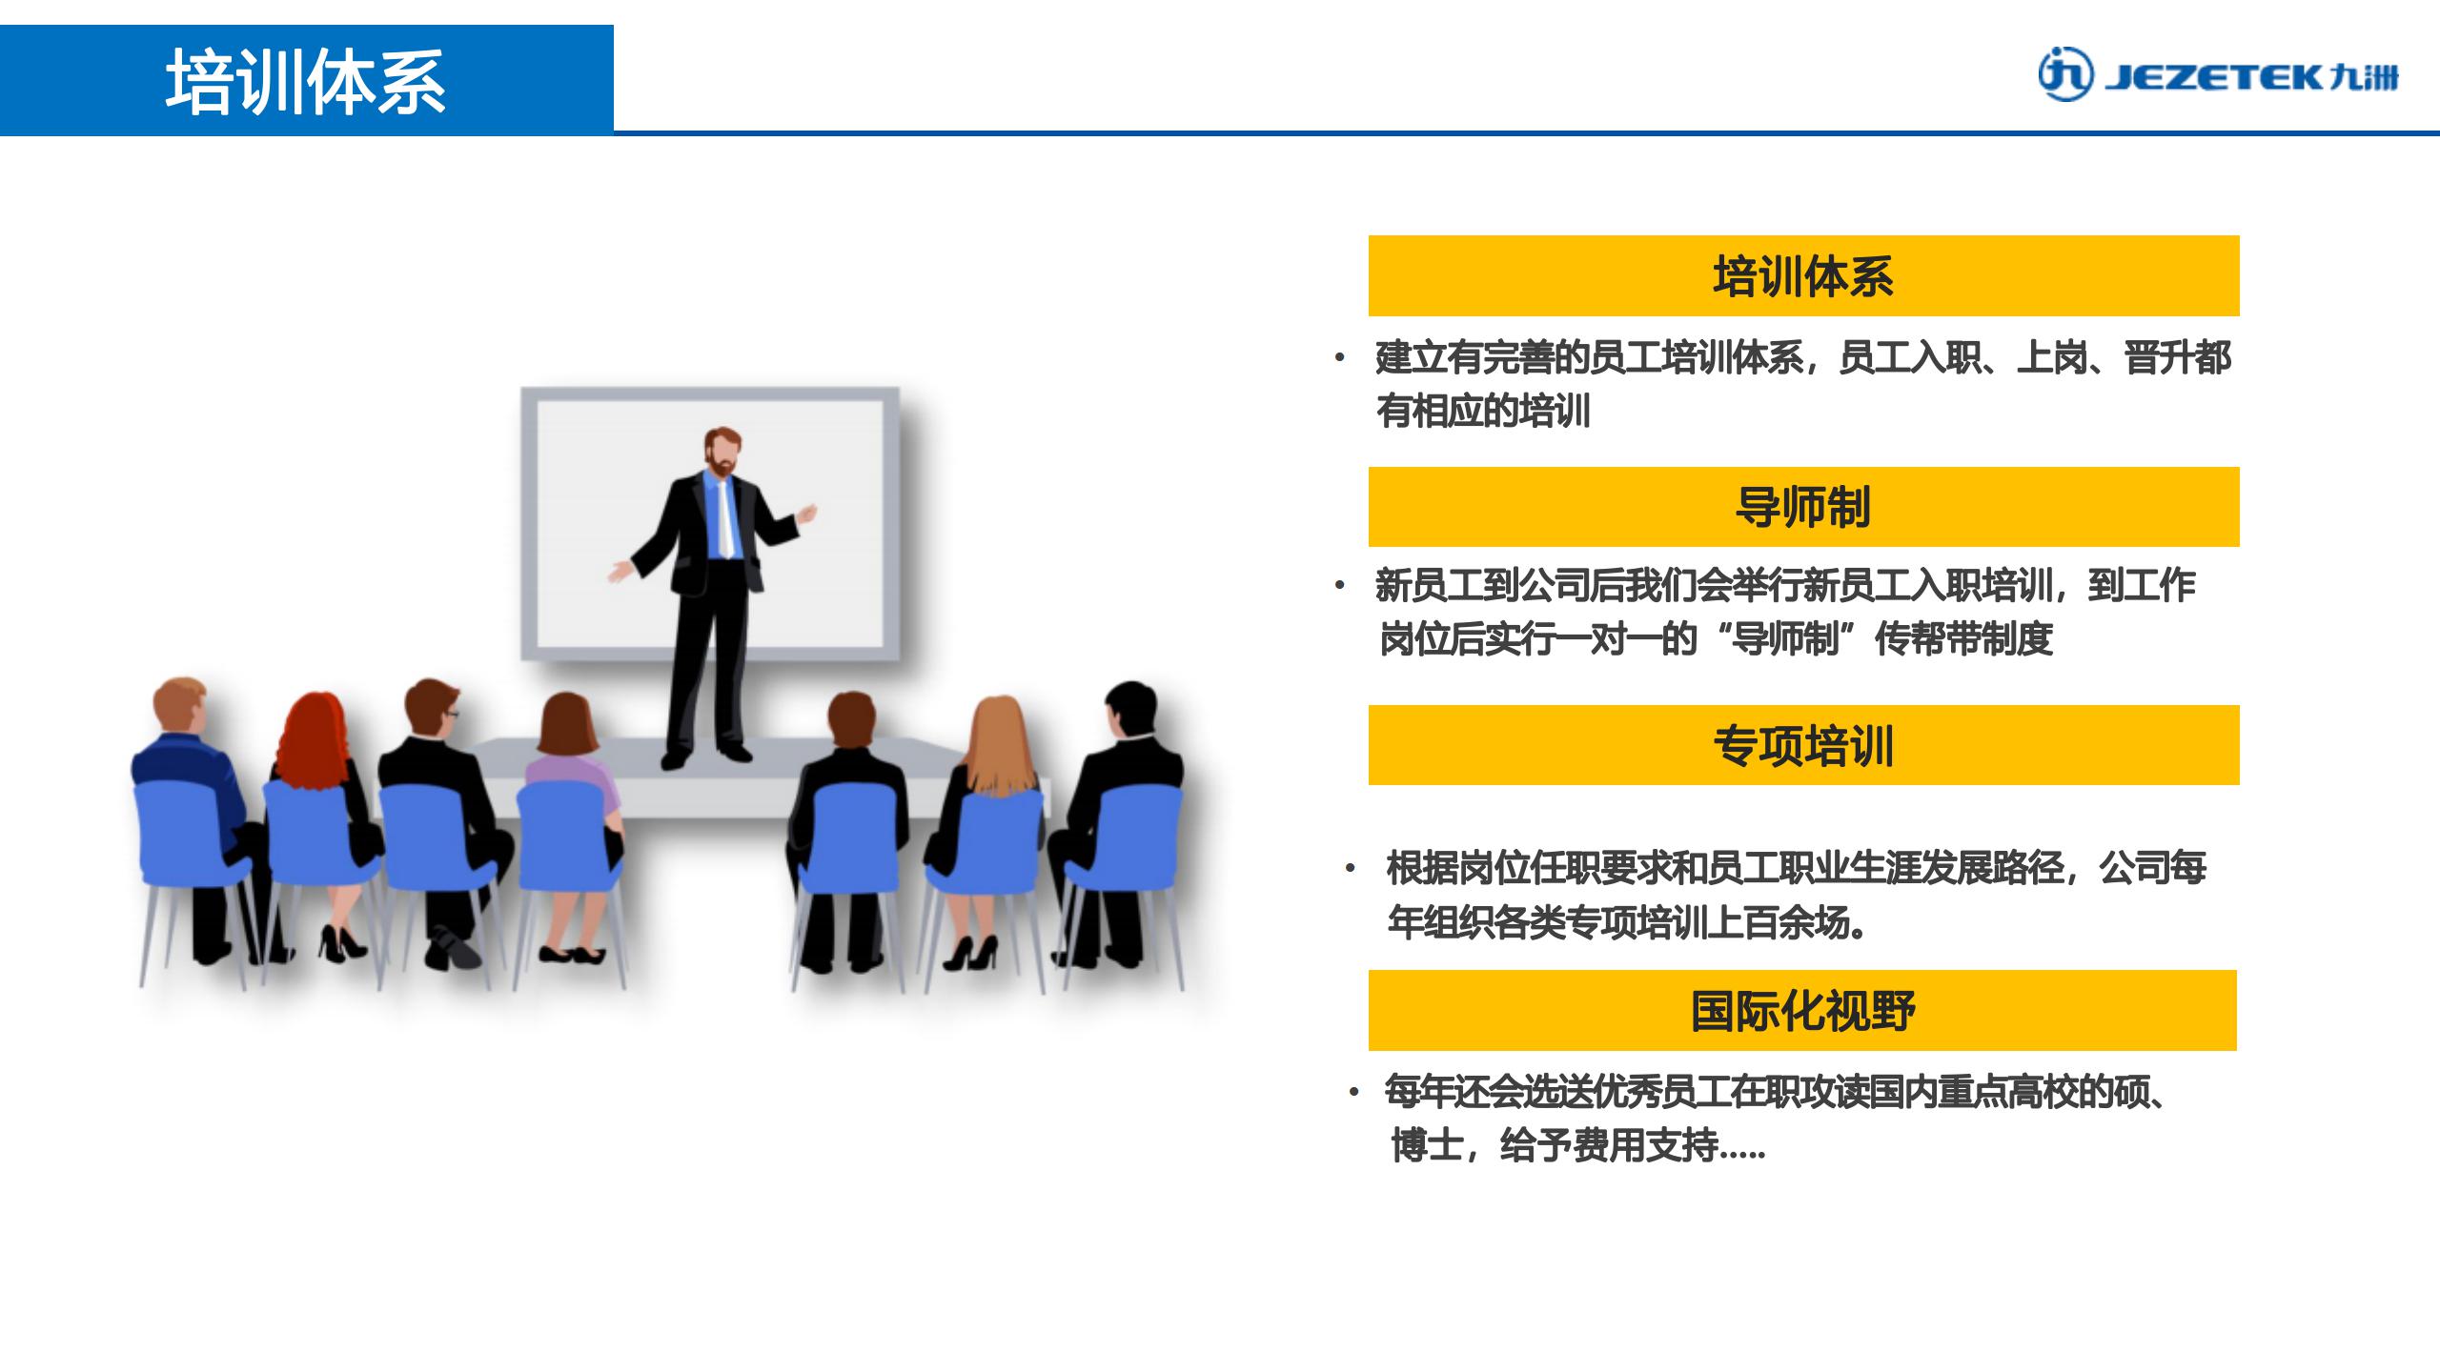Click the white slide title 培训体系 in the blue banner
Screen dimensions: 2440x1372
click(x=306, y=82)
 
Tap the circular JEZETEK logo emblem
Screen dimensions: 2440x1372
click(x=2066, y=74)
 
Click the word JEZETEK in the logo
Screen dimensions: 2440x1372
click(x=2214, y=77)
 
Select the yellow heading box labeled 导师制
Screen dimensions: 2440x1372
click(x=1803, y=507)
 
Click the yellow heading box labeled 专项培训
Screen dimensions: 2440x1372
click(x=1803, y=745)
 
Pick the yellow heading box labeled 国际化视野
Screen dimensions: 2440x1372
click(x=1802, y=1010)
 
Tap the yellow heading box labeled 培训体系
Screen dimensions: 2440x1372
click(x=1803, y=275)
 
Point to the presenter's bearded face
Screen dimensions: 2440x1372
click(x=722, y=454)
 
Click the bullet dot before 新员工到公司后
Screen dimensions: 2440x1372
click(x=1340, y=586)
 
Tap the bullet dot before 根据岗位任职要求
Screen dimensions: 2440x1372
click(x=1350, y=869)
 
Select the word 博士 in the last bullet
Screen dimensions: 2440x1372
click(x=1427, y=1145)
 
